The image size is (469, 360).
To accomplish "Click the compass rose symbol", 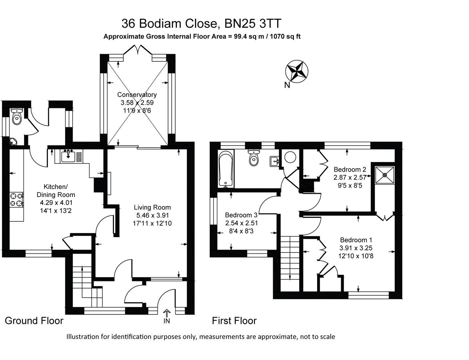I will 296,71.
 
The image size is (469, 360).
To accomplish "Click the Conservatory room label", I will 137,95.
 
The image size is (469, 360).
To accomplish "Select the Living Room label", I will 152,207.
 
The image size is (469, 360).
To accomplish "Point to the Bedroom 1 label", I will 356,240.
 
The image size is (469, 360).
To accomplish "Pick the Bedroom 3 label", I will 241,215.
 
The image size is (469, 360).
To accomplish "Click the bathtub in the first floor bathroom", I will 226,169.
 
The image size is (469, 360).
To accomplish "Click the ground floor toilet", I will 16,117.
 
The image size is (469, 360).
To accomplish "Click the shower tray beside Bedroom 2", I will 385,175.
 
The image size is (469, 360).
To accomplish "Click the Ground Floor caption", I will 34,321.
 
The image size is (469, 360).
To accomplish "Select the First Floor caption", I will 234,321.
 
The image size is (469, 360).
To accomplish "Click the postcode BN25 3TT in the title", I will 253,24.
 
